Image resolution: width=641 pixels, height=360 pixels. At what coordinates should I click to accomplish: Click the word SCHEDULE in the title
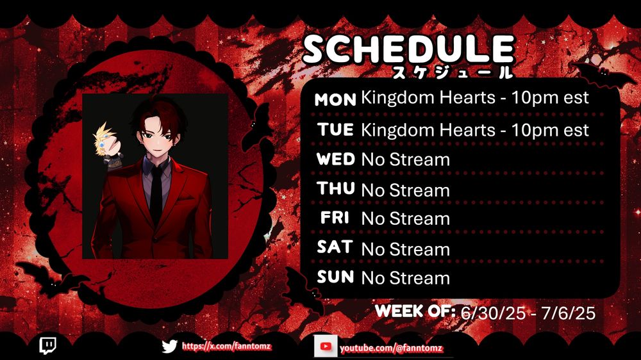pyautogui.click(x=408, y=49)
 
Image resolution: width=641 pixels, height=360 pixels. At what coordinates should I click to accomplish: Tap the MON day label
pyautogui.click(x=335, y=100)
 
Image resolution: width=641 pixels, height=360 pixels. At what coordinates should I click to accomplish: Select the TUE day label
pyautogui.click(x=335, y=129)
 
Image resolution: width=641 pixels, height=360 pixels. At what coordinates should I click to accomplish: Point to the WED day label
pyautogui.click(x=336, y=159)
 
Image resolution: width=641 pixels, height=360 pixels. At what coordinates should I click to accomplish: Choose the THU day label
pyautogui.click(x=336, y=188)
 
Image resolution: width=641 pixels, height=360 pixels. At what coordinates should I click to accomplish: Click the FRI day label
pyautogui.click(x=335, y=217)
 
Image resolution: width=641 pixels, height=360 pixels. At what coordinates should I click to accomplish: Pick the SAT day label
pyautogui.click(x=335, y=247)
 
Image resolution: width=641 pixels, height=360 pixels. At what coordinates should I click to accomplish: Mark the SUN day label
pyautogui.click(x=335, y=277)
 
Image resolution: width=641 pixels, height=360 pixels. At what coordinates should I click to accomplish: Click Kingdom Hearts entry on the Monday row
pyautogui.click(x=428, y=98)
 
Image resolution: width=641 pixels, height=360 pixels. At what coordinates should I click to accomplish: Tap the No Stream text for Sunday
pyautogui.click(x=406, y=278)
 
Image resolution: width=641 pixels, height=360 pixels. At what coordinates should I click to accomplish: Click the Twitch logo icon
pyautogui.click(x=48, y=346)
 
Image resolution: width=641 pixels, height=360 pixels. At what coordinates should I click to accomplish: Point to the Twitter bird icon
pyautogui.click(x=169, y=347)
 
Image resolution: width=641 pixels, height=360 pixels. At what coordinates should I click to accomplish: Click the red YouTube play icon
pyautogui.click(x=326, y=347)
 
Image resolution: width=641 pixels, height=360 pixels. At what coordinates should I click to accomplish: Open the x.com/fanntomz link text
pyautogui.click(x=226, y=347)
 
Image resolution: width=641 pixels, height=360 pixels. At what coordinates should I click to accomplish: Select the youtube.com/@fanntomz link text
pyautogui.click(x=391, y=348)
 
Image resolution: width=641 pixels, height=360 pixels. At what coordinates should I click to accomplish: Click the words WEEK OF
pyautogui.click(x=415, y=311)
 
